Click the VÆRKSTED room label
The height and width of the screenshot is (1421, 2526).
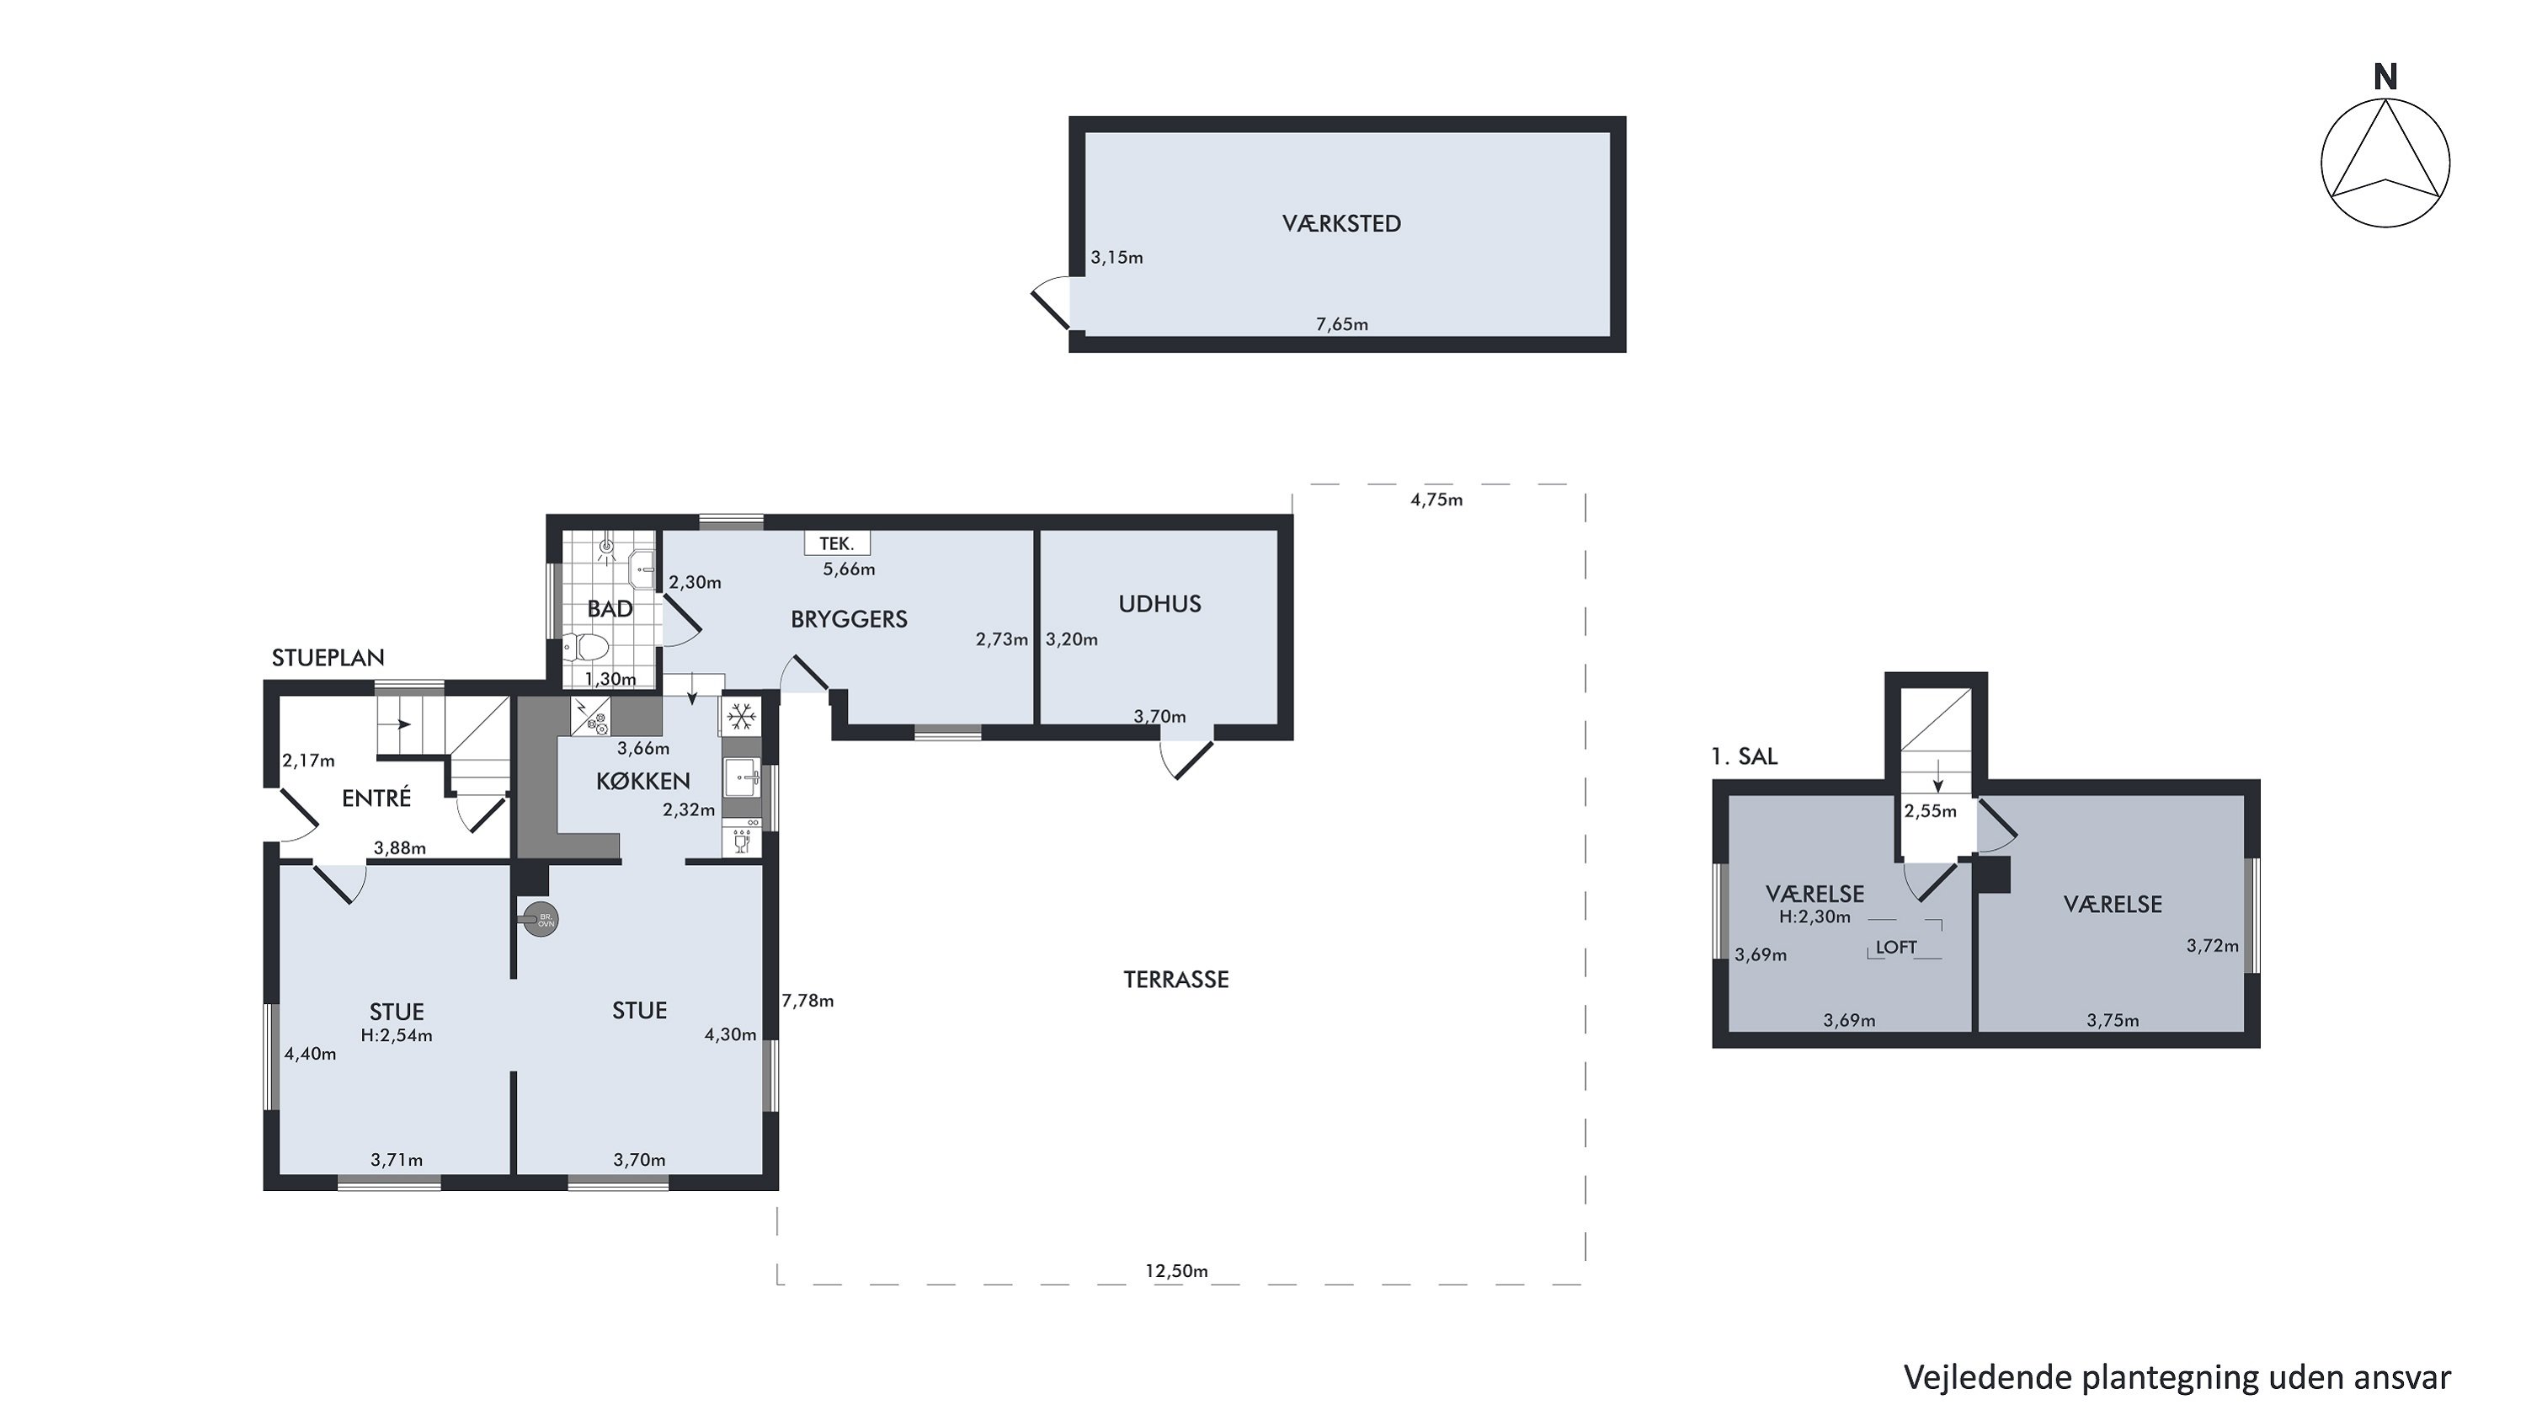coord(1341,223)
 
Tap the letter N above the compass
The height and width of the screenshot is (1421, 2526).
coord(2385,77)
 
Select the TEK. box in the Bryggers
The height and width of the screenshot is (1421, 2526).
coord(836,543)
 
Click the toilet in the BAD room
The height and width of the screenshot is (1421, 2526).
coord(586,647)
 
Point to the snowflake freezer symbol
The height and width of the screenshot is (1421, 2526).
coord(741,717)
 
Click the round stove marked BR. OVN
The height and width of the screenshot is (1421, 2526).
coord(541,920)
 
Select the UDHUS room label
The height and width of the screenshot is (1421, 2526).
coord(1160,604)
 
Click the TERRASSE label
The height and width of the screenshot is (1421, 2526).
coord(1175,980)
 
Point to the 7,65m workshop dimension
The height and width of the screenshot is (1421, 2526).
coord(1341,324)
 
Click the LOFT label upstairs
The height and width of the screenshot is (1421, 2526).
coord(1895,948)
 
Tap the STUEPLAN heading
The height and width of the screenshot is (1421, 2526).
coord(328,658)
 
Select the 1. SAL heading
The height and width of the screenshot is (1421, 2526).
coord(1744,756)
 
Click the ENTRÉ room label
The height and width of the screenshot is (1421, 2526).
coord(376,799)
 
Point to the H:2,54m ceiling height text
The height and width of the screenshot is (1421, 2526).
coord(396,1034)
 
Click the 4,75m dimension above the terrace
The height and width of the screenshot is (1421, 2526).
coord(1436,500)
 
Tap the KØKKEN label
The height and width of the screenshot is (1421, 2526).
coord(643,781)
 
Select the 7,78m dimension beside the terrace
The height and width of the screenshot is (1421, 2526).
coord(808,1002)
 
